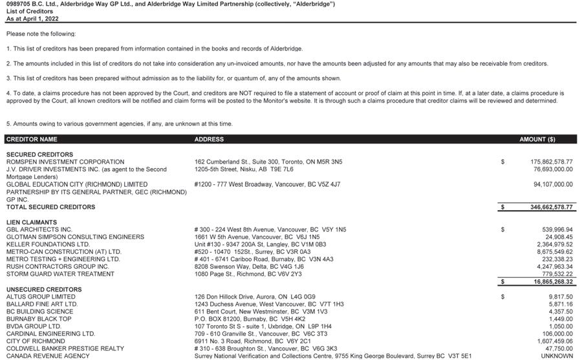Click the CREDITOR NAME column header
click(32, 140)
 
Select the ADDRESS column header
click(209, 140)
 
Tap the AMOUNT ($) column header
click(537, 140)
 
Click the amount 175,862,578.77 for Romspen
click(542, 162)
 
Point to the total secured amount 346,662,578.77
click(542, 207)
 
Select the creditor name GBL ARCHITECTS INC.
click(39, 229)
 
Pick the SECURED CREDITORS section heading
click(39, 154)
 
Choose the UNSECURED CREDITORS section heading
click(44, 290)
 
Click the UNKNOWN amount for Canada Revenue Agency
click(557, 356)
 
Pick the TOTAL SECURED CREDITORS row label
click(50, 207)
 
